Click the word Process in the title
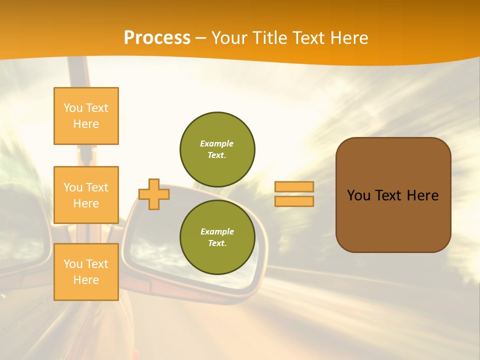tap(157, 38)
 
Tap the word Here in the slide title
tap(345, 38)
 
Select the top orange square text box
tap(86, 116)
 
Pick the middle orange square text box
tap(86, 195)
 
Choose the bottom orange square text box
tap(86, 272)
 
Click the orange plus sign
tap(154, 194)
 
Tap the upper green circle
tap(217, 149)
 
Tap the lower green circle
tap(217, 237)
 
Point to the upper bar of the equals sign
tap(294, 186)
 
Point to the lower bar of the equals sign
tap(294, 201)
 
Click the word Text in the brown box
tap(388, 195)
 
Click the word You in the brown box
tap(358, 195)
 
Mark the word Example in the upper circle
tap(217, 143)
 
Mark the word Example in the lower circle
tap(217, 231)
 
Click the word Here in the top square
tap(86, 124)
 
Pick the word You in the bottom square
tap(73, 264)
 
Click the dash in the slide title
tap(200, 38)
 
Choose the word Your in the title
tap(229, 38)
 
